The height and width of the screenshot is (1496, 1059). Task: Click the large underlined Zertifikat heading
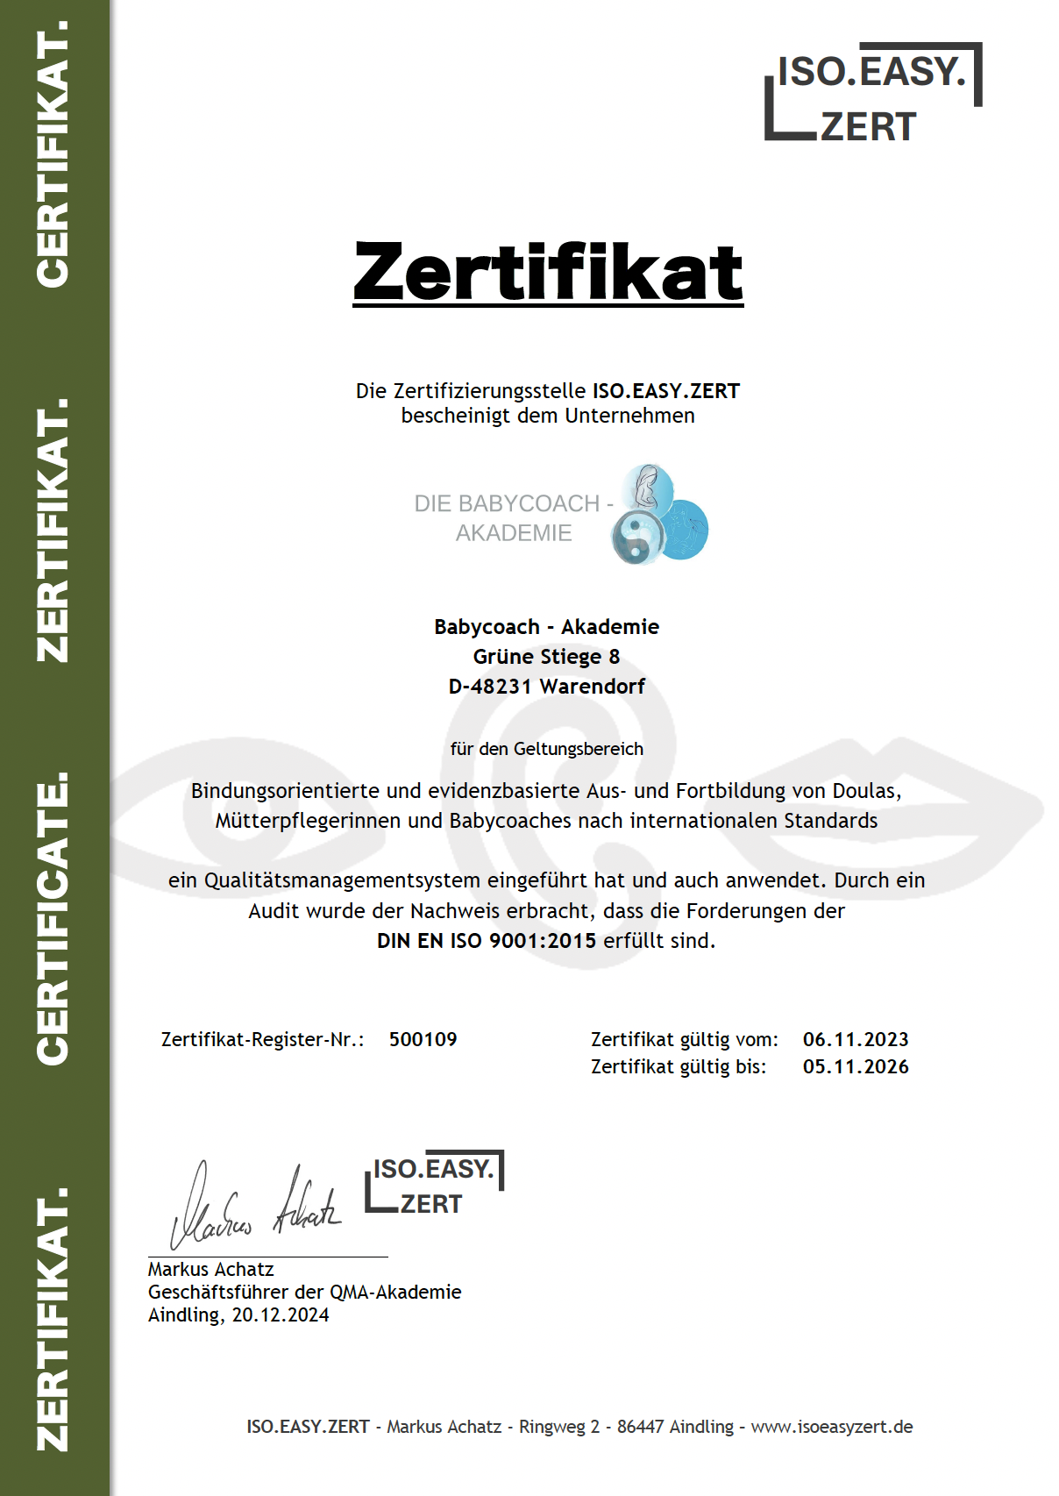548,272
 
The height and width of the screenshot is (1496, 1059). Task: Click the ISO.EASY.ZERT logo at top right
872,92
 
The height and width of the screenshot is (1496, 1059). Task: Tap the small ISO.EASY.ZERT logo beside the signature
434,1184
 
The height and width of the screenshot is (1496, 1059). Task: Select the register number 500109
423,1039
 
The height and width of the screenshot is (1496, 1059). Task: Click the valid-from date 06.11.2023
856,1039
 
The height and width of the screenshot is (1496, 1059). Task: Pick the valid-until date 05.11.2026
856,1066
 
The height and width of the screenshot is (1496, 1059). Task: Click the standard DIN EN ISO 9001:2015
487,941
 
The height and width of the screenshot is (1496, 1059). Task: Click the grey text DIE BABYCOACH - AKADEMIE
514,517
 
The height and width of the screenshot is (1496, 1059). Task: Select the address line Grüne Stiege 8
546,657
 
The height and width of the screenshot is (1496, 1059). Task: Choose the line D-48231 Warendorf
546,687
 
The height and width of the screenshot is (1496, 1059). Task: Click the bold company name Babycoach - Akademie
546,627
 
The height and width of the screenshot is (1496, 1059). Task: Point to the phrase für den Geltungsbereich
546,749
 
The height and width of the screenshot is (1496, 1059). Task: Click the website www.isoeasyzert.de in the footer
832,1427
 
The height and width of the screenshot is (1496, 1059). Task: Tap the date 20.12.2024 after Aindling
281,1314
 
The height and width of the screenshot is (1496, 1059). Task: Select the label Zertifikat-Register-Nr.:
262,1039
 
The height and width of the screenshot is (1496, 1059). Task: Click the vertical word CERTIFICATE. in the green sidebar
53,918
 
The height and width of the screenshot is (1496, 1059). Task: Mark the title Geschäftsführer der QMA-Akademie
304,1292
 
